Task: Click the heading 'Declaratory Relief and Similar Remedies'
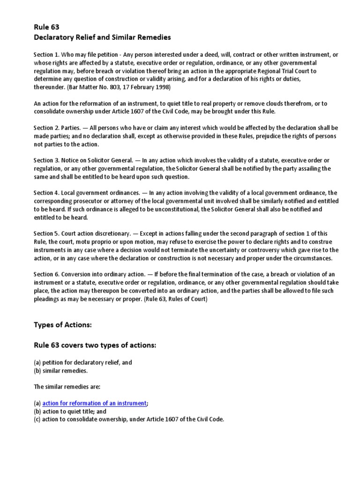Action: [102, 37]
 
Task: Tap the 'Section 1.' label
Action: [46, 55]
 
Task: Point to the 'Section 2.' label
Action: [46, 128]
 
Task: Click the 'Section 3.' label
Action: [46, 161]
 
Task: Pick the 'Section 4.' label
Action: [46, 193]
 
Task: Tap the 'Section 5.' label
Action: [46, 234]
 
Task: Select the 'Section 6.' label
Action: [46, 274]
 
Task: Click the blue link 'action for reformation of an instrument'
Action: [94, 403]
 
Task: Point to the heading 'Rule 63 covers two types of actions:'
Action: [94, 345]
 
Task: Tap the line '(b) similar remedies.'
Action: [61, 371]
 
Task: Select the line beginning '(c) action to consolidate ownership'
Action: [129, 420]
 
